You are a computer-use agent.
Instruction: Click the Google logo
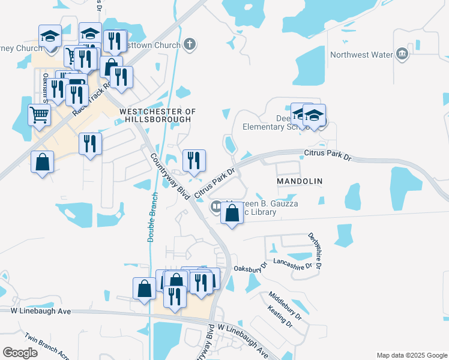20,353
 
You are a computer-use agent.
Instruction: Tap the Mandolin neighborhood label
300,181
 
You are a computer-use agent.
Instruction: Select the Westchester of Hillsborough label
158,116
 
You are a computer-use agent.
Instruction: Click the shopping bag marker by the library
232,214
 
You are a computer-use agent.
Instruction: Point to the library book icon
215,207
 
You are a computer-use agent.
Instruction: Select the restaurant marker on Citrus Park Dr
194,161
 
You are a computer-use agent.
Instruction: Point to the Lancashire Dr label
294,263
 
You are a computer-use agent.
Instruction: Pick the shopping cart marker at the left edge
39,115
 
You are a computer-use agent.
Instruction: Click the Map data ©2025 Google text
412,355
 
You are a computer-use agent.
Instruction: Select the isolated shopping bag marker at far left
42,163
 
